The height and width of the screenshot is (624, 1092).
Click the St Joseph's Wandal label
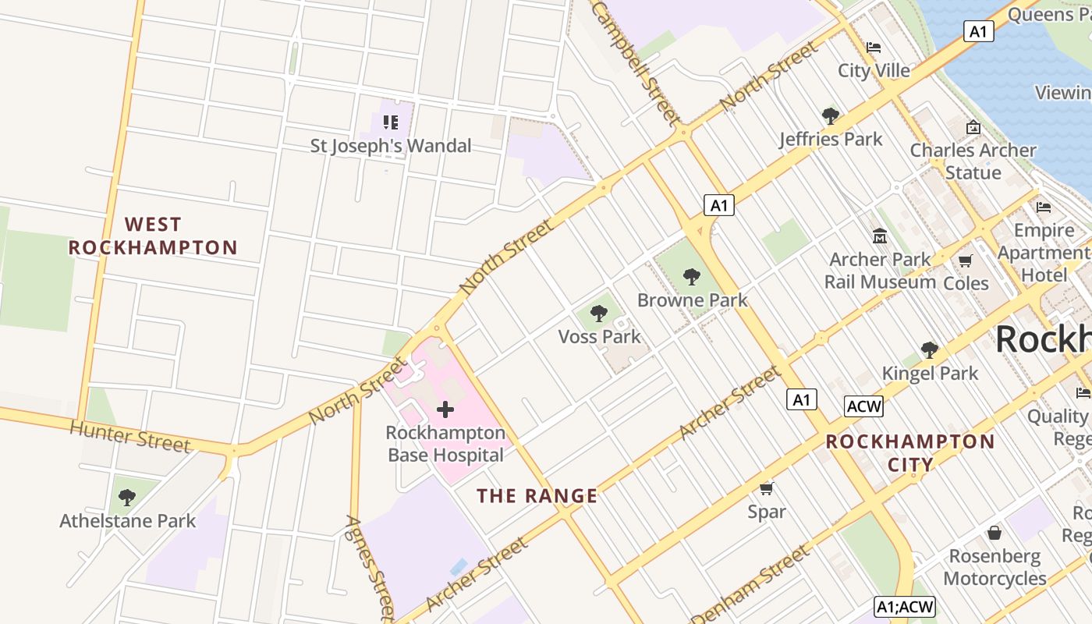pyautogui.click(x=391, y=146)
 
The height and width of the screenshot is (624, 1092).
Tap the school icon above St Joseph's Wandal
pyautogui.click(x=391, y=122)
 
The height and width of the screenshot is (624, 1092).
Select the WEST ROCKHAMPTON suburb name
pyautogui.click(x=153, y=236)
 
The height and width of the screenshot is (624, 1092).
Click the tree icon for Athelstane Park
pyautogui.click(x=127, y=497)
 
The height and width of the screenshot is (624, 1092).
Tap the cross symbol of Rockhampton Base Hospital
pyautogui.click(x=445, y=409)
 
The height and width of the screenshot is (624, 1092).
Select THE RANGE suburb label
pyautogui.click(x=537, y=496)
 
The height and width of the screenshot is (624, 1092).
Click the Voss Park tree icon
pyautogui.click(x=599, y=314)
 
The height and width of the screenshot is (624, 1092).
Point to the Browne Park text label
pyautogui.click(x=692, y=300)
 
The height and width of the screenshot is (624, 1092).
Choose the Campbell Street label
pyautogui.click(x=635, y=62)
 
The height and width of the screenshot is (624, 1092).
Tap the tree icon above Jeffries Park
pyautogui.click(x=831, y=116)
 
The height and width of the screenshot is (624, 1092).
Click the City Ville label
pyautogui.click(x=874, y=71)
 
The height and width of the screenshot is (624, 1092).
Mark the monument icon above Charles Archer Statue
pyautogui.click(x=973, y=127)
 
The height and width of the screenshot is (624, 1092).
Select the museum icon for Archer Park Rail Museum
pyautogui.click(x=880, y=236)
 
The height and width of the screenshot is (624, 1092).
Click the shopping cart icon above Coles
pyautogui.click(x=966, y=261)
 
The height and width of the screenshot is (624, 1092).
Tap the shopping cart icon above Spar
pyautogui.click(x=766, y=489)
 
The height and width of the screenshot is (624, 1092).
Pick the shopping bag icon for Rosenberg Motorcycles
pyautogui.click(x=994, y=533)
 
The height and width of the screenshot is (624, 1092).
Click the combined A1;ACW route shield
pyautogui.click(x=904, y=607)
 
